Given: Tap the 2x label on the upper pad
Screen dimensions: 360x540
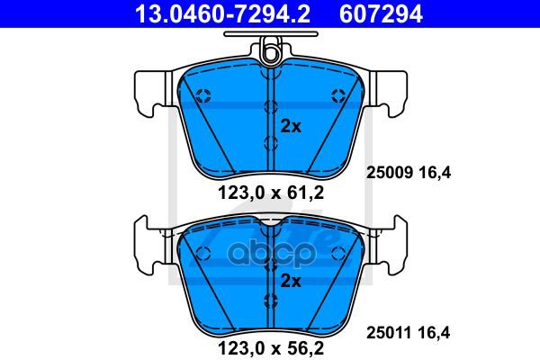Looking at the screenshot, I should click(x=290, y=126).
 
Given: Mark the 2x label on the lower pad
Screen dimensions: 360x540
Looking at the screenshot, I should click(x=290, y=280).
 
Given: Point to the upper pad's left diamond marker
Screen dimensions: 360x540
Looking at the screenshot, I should click(x=203, y=95).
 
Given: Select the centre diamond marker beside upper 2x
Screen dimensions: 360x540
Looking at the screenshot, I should click(x=271, y=107).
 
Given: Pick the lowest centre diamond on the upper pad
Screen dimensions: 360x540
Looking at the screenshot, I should click(x=271, y=142).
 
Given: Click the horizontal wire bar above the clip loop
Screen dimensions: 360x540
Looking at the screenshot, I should click(x=270, y=37).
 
